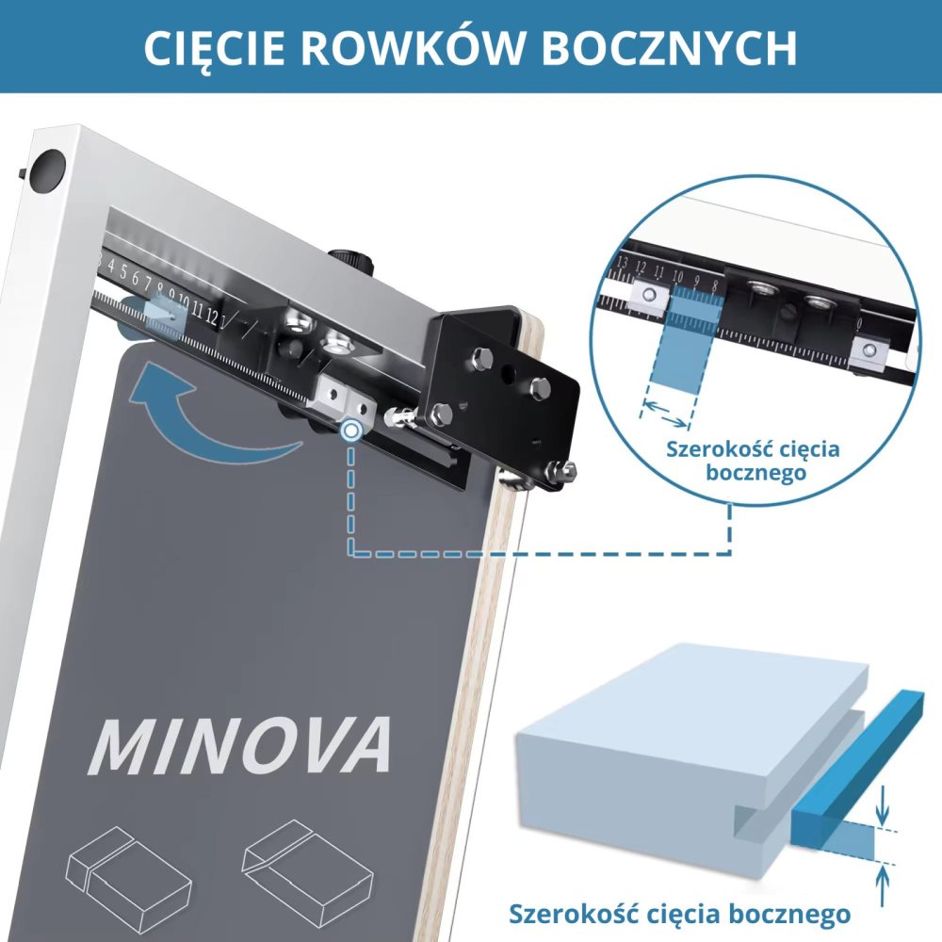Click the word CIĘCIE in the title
tap(214, 47)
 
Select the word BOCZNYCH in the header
tap(670, 47)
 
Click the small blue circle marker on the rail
tap(350, 430)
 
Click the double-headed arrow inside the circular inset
tap(664, 414)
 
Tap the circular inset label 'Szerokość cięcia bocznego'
tap(753, 461)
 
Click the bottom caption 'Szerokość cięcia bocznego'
tap(679, 914)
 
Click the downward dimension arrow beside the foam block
tap(882, 805)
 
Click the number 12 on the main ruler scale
tap(211, 316)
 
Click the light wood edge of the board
tap(480, 661)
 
